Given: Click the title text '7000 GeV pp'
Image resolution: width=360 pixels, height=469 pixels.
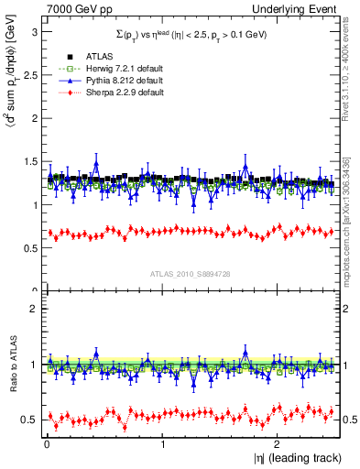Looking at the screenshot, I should tap(71, 8).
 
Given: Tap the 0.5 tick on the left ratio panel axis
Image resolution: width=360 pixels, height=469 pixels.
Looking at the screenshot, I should tap(29, 420).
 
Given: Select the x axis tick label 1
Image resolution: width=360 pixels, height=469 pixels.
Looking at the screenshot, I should tap(162, 444).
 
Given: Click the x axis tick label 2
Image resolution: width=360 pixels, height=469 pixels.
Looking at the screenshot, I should tap(277, 444).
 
